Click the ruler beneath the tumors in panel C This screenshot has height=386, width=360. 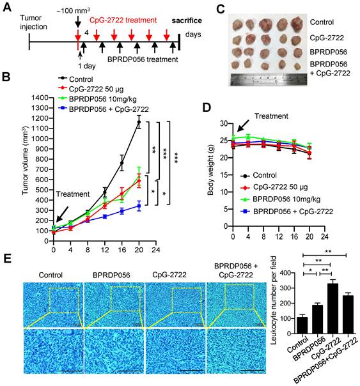[265, 81]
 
